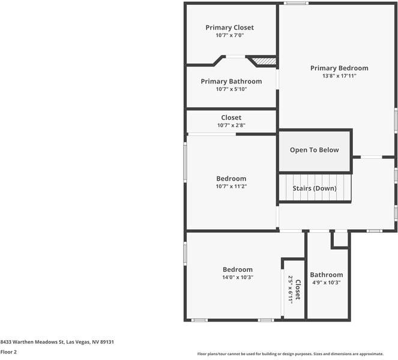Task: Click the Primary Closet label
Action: coord(229,28)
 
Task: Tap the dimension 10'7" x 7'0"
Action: coord(229,35)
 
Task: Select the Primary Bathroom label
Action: coord(231,82)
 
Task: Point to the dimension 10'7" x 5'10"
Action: coord(231,89)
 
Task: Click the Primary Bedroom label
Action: coord(339,68)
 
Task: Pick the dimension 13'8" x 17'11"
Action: coord(339,76)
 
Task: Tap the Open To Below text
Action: coord(314,150)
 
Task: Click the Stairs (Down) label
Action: coord(314,188)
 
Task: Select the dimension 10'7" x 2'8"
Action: coord(231,125)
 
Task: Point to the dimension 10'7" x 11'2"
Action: coord(231,187)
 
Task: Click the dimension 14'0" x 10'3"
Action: coord(238,277)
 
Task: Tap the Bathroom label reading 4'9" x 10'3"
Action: coord(327,275)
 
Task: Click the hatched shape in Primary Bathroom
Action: coord(263,61)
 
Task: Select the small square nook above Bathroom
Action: coord(340,239)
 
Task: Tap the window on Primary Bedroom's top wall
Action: coord(296,4)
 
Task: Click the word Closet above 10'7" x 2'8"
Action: coord(231,118)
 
